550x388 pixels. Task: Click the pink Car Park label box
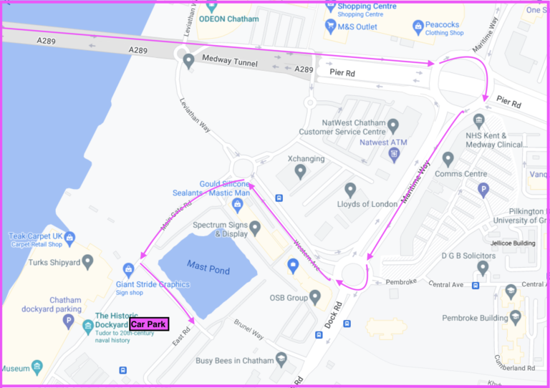[x=149, y=324]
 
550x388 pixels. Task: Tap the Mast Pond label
[x=208, y=267]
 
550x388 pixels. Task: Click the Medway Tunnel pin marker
[x=188, y=61]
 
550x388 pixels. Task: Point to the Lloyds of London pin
[x=350, y=190]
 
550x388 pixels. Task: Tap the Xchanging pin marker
[x=300, y=171]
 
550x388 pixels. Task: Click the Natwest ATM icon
[x=394, y=153]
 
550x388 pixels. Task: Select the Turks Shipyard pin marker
[x=87, y=261]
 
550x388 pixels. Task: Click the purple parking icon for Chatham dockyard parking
[x=69, y=321]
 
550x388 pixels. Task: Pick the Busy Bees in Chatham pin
[x=281, y=359]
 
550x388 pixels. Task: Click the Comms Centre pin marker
[x=448, y=158]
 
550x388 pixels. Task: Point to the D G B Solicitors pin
[x=483, y=268]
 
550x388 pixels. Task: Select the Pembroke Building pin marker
[x=511, y=291]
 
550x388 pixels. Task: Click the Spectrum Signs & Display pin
[x=254, y=227]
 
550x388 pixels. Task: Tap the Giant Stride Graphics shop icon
[x=129, y=270]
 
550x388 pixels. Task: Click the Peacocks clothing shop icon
[x=418, y=26]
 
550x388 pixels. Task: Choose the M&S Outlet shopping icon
[x=330, y=26]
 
